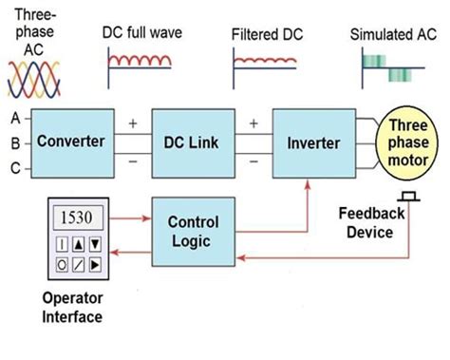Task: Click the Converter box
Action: pyautogui.click(x=69, y=142)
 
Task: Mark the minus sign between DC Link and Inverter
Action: pyautogui.click(x=253, y=162)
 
